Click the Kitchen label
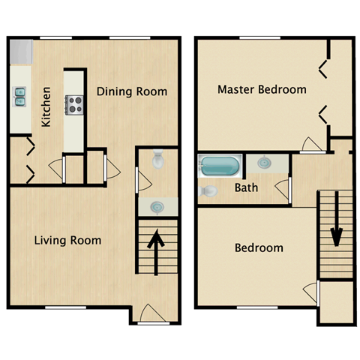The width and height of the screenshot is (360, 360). point(46,106)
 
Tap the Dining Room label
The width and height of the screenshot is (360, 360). point(131,92)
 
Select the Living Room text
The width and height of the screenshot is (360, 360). point(67,241)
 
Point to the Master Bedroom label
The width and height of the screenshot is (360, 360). point(262,89)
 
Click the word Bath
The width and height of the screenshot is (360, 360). point(246,187)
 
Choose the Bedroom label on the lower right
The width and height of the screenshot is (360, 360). point(259,248)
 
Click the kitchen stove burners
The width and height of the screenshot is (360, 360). point(73,104)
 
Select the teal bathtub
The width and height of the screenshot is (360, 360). point(220,166)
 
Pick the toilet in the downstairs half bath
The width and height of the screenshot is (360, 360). point(158,159)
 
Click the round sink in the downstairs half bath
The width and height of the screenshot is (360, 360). point(157,206)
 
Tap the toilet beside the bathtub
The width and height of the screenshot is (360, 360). point(209,191)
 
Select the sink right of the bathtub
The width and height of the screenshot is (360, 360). point(265,162)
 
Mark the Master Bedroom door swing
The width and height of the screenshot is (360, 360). point(308,145)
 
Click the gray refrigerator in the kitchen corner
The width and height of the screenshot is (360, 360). point(21,52)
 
